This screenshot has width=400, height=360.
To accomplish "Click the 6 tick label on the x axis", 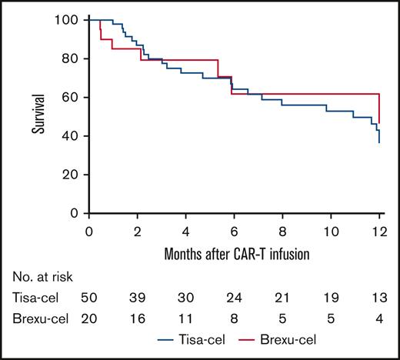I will [235, 230].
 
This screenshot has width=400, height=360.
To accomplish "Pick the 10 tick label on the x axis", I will [332, 230].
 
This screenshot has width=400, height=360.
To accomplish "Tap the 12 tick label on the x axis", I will [379, 230].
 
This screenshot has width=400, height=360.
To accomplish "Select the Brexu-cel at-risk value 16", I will [138, 324].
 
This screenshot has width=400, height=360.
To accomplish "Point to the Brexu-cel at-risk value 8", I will [235, 324].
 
